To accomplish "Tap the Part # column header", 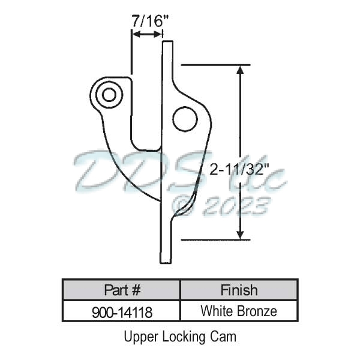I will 122,290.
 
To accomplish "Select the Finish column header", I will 238,290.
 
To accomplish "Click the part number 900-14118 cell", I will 122,311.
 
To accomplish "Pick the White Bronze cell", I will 238,311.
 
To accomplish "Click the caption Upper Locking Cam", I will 180,337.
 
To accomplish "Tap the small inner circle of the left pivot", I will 109,94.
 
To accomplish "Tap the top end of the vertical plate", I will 167,43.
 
